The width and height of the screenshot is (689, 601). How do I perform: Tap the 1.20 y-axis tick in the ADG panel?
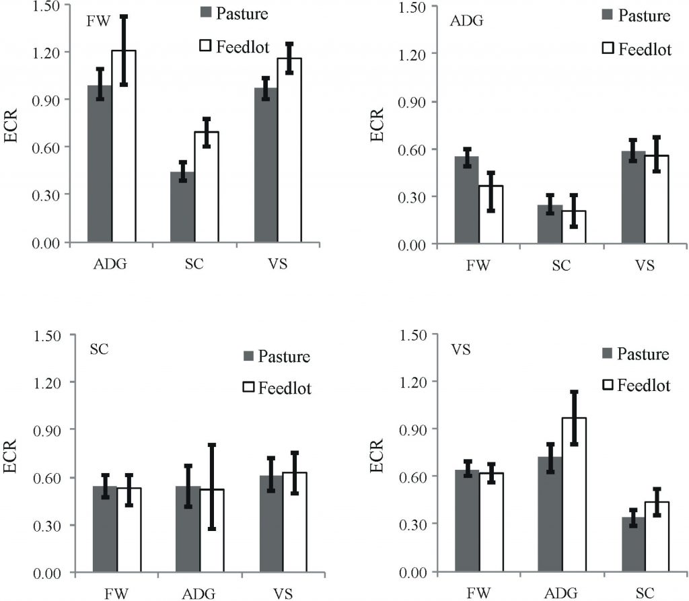tap(414, 53)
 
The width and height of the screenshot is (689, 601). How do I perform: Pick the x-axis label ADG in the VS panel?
tap(562, 594)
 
